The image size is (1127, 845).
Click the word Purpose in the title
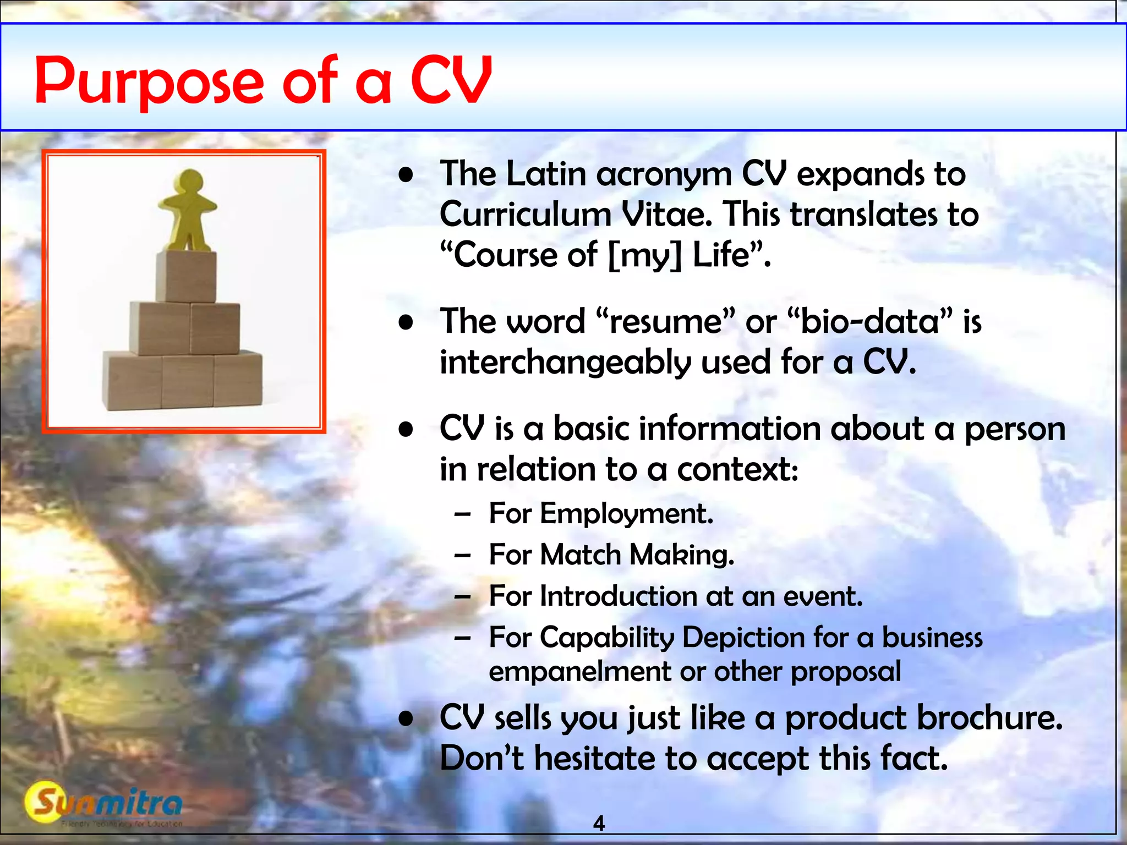click(x=149, y=81)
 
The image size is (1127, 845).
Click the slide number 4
click(x=599, y=824)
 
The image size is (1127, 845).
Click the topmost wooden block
click(x=186, y=277)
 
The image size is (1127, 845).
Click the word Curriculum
click(x=526, y=215)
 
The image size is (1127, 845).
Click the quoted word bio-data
click(x=869, y=321)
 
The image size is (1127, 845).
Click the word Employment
click(x=626, y=514)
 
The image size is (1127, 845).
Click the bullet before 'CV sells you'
click(x=406, y=718)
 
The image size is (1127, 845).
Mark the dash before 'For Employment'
click(x=462, y=514)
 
